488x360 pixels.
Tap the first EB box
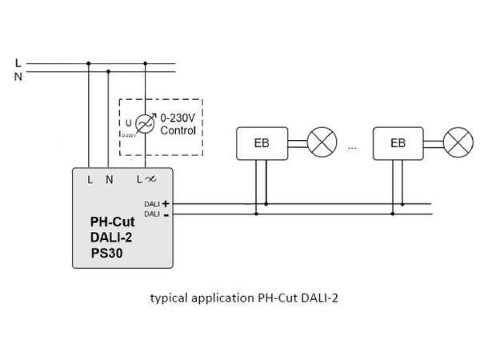[x=260, y=144]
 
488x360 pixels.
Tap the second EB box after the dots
[x=398, y=144]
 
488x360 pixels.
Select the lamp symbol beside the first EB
[x=322, y=144]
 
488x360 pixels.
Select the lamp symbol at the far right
[x=459, y=144]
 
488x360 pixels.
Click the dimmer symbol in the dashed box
[x=144, y=123]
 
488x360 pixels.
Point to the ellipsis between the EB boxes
[x=353, y=147]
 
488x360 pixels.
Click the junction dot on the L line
[x=88, y=64]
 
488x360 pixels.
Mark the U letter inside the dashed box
[x=128, y=122]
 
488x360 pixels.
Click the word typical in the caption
[x=169, y=299]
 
